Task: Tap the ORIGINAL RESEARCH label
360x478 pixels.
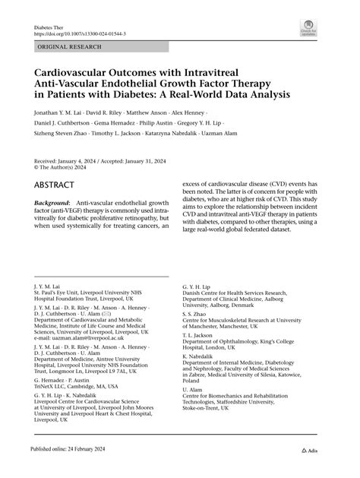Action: coord(68,47)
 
